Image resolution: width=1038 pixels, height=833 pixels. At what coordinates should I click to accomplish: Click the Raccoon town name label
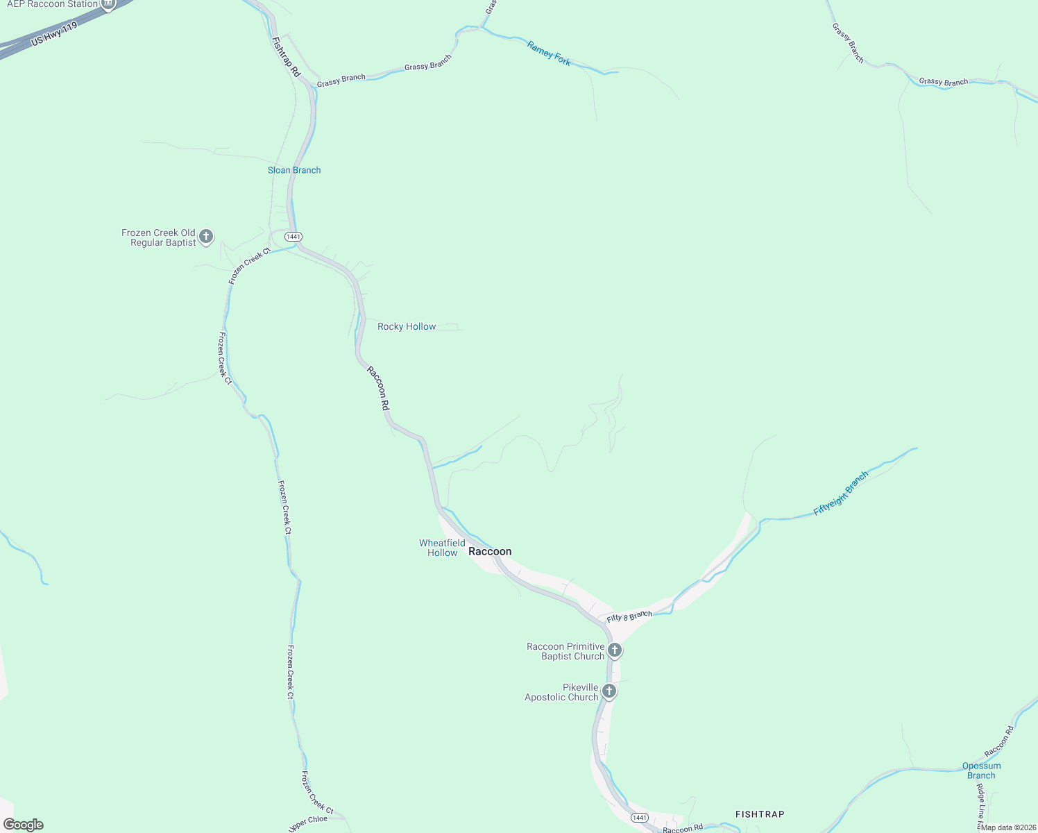point(490,551)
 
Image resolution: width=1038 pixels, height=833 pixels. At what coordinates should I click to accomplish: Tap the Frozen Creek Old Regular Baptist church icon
point(206,237)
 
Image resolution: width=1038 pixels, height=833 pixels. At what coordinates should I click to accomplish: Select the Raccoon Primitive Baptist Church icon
point(614,650)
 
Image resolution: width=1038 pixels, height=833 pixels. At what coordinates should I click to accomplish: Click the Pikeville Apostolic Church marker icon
point(609,691)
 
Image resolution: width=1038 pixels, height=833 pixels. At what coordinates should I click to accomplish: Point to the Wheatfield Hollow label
point(442,548)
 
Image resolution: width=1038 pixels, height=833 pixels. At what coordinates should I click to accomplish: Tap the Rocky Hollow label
point(407,326)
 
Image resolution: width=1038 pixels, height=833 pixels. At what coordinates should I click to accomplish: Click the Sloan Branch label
point(294,170)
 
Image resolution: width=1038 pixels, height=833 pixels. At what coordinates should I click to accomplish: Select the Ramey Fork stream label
point(549,53)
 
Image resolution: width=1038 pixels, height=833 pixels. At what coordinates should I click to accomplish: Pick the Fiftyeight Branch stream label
point(840,494)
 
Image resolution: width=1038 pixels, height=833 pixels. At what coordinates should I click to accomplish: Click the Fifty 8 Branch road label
point(629,616)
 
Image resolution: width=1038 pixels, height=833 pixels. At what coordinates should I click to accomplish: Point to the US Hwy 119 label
point(54,34)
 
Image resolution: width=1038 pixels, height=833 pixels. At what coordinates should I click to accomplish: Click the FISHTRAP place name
point(760,814)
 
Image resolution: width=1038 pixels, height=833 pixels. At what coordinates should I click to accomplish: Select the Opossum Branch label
point(981,771)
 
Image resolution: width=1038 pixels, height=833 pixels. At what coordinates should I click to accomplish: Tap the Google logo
point(23,825)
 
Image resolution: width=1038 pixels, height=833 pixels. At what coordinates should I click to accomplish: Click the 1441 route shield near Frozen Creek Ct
point(293,237)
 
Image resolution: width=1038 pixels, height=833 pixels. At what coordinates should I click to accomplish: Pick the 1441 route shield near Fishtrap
point(640,818)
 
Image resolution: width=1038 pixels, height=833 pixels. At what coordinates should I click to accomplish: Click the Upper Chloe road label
point(307,824)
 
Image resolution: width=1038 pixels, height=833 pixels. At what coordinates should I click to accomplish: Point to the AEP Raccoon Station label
point(52,4)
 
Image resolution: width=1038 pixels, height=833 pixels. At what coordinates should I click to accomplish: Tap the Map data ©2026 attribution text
point(1008,827)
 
